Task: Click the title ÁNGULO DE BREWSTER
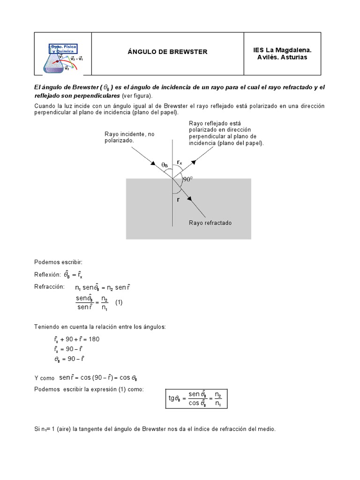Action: (x=167, y=52)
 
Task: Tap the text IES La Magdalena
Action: (x=282, y=49)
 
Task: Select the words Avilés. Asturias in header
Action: (x=282, y=57)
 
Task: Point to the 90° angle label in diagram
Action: (x=188, y=179)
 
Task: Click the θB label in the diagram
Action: (x=165, y=165)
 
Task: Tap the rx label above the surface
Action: (x=180, y=163)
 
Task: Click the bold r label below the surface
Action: (x=178, y=199)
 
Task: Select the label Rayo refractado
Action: (x=210, y=223)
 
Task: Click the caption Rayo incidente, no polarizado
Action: (x=129, y=137)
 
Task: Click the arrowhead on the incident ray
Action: (x=153, y=164)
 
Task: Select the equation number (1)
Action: (x=119, y=302)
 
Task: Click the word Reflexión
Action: (x=48, y=274)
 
